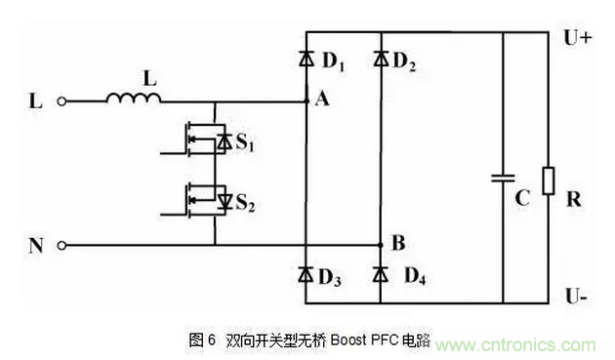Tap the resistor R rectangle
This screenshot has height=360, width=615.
(x=549, y=180)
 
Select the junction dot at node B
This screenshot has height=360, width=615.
(x=381, y=245)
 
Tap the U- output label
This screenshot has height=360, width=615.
(x=576, y=293)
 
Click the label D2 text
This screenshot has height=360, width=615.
(x=404, y=66)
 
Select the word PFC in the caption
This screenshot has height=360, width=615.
(x=388, y=340)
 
